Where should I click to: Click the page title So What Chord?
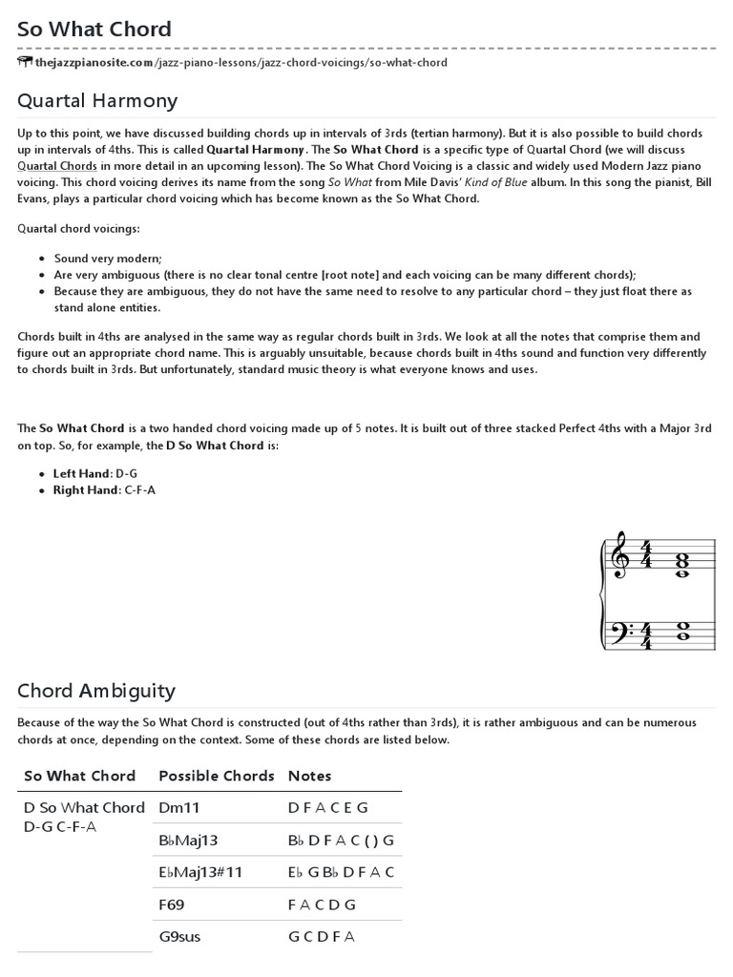(x=94, y=29)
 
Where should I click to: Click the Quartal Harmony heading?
(x=97, y=100)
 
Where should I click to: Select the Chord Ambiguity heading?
(x=96, y=691)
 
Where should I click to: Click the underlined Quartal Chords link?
(x=56, y=164)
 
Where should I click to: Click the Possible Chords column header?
(x=217, y=776)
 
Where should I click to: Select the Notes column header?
(x=310, y=776)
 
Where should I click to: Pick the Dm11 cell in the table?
(x=179, y=807)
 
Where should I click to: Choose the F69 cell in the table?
(x=172, y=904)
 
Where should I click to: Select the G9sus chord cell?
(x=179, y=937)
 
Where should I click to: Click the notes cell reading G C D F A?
(x=322, y=937)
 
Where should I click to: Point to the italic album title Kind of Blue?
(x=466, y=181)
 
